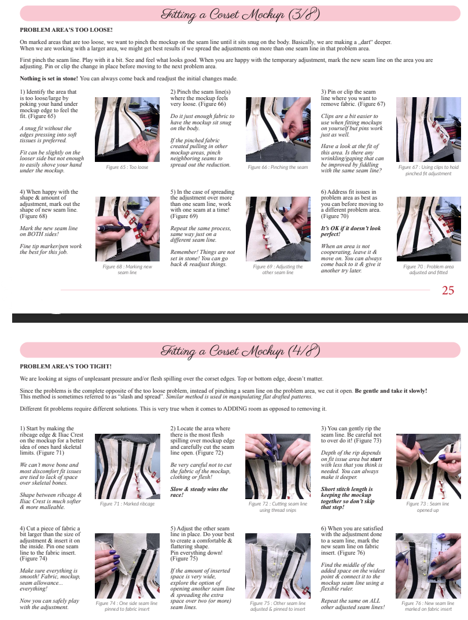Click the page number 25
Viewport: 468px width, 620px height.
point(448,290)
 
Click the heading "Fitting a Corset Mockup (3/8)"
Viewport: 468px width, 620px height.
point(240,14)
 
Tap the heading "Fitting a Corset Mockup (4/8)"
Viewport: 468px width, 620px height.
point(240,351)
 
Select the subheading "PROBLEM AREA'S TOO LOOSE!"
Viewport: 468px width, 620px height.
point(66,29)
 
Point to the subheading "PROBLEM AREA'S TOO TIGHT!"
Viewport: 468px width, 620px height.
point(66,367)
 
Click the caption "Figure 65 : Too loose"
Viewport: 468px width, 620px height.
point(127,167)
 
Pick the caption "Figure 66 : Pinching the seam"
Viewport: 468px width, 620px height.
point(278,167)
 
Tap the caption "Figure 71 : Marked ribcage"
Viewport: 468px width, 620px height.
point(127,504)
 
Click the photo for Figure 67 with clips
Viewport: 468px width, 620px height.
point(429,130)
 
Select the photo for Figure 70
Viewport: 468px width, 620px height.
point(429,229)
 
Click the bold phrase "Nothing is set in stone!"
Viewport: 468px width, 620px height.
point(49,78)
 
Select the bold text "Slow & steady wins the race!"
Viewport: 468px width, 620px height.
point(199,492)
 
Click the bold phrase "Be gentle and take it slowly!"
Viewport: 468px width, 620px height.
point(391,390)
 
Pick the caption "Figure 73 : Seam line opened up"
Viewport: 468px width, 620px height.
point(428,507)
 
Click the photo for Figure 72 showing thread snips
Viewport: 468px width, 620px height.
point(278,466)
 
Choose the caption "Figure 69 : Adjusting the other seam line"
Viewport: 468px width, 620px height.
point(278,270)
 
